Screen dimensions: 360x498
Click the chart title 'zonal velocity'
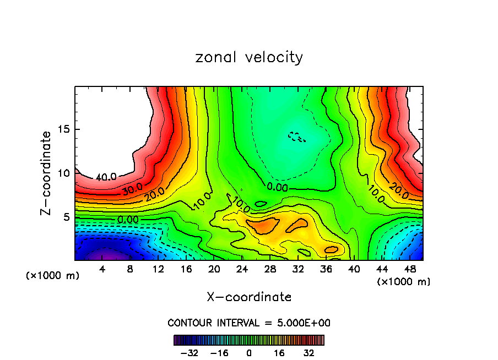[249, 57]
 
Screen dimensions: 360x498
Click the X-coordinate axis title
[249, 297]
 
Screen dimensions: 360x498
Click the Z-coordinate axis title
[46, 173]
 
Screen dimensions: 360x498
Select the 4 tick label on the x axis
[102, 270]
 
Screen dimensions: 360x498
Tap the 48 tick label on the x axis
[410, 270]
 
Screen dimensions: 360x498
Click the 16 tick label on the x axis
[186, 270]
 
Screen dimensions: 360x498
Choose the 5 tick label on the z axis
[67, 217]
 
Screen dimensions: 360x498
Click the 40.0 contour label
[106, 177]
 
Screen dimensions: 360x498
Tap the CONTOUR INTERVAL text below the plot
[249, 323]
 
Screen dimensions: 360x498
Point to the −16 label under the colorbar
[220, 353]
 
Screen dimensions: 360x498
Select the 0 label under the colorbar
[249, 353]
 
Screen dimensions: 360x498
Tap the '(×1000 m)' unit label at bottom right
[403, 282]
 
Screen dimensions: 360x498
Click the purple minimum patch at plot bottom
[108, 255]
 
